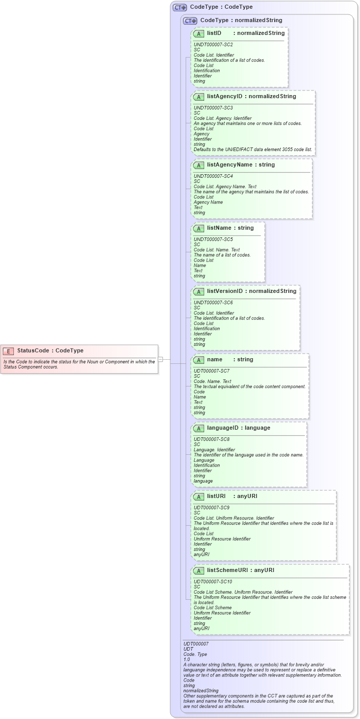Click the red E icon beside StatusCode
pyautogui.click(x=8, y=351)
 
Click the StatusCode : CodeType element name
pyautogui.click(x=50, y=351)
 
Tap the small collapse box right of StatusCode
pyautogui.click(x=160, y=359)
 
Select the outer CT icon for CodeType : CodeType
pyautogui.click(x=179, y=7)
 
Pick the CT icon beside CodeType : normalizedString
pyautogui.click(x=190, y=21)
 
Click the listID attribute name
pyautogui.click(x=214, y=33)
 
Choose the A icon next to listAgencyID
pyautogui.click(x=199, y=97)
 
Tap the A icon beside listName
pyautogui.click(x=199, y=228)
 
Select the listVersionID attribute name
pyautogui.click(x=225, y=291)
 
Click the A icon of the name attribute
pyautogui.click(x=199, y=360)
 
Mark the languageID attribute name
pyautogui.click(x=224, y=428)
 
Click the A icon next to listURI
pyautogui.click(x=199, y=496)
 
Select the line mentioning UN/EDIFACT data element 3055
pyautogui.click(x=253, y=150)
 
